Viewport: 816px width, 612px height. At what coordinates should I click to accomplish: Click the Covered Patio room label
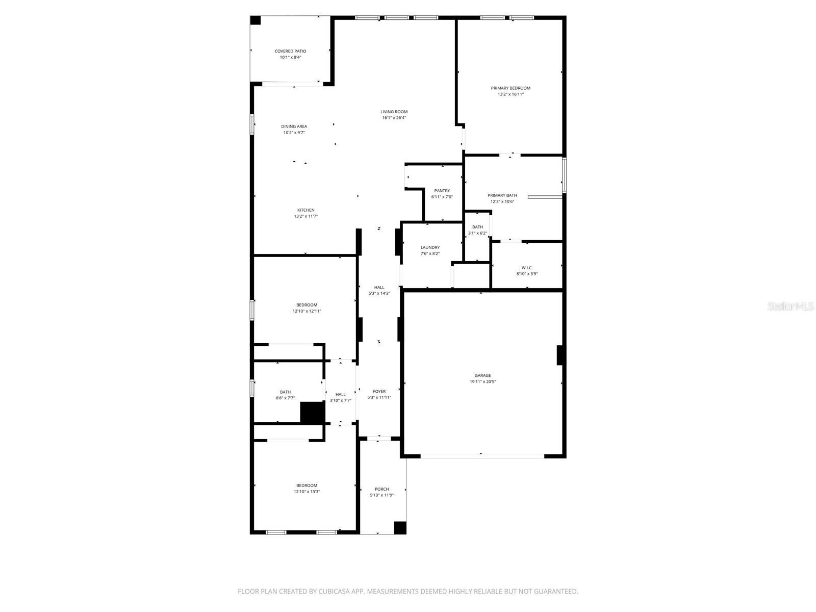tap(290, 51)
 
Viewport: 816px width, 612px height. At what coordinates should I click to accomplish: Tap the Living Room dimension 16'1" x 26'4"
tap(394, 118)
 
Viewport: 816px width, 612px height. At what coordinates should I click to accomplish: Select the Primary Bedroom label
tap(511, 88)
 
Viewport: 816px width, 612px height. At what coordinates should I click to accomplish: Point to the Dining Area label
tap(294, 126)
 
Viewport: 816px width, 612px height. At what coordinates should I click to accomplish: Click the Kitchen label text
tap(305, 210)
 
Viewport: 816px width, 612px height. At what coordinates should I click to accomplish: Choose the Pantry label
tap(442, 191)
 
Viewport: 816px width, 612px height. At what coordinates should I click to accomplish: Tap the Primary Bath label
tap(502, 195)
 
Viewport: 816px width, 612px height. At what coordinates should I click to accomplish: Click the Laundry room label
tap(430, 247)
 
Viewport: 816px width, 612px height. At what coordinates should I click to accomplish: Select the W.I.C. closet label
tap(527, 268)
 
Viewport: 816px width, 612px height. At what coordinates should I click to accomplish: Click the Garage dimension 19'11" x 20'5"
tap(482, 381)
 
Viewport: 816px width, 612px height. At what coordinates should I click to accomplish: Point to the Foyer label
tap(379, 392)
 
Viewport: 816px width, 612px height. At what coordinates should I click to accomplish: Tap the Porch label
tap(381, 489)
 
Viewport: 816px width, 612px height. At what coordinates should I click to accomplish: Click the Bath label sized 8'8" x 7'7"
tap(285, 392)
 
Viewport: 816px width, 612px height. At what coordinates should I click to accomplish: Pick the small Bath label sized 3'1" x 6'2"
tap(477, 227)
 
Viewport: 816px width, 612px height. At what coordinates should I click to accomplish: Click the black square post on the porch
tap(400, 528)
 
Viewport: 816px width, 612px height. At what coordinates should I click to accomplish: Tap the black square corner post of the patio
tap(256, 20)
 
